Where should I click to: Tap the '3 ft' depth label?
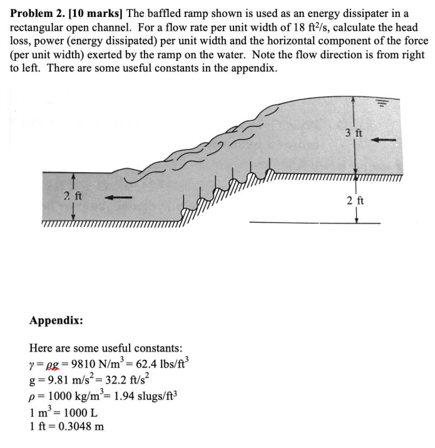[354, 133]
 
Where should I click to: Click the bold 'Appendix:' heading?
[56, 320]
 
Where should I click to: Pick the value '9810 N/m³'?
[96, 364]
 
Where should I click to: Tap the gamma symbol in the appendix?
[32, 365]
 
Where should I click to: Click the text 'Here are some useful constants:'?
[106, 348]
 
